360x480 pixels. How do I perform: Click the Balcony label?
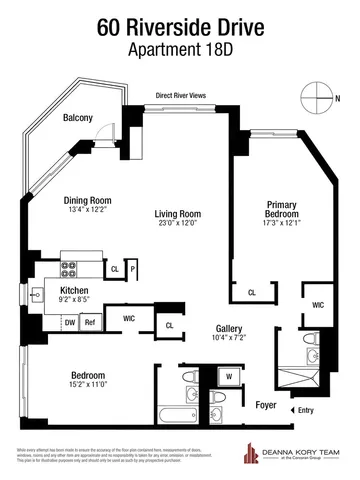click(x=78, y=118)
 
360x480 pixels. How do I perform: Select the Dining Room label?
click(x=87, y=199)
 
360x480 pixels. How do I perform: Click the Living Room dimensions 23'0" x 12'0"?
click(x=173, y=223)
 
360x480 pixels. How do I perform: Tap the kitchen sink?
click(x=38, y=295)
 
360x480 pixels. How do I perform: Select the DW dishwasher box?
click(x=69, y=322)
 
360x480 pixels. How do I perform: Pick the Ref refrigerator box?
click(x=89, y=322)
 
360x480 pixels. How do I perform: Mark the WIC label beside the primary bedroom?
click(x=318, y=304)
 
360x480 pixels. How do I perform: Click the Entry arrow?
click(x=293, y=411)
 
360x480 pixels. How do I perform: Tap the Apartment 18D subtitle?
click(x=180, y=50)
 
